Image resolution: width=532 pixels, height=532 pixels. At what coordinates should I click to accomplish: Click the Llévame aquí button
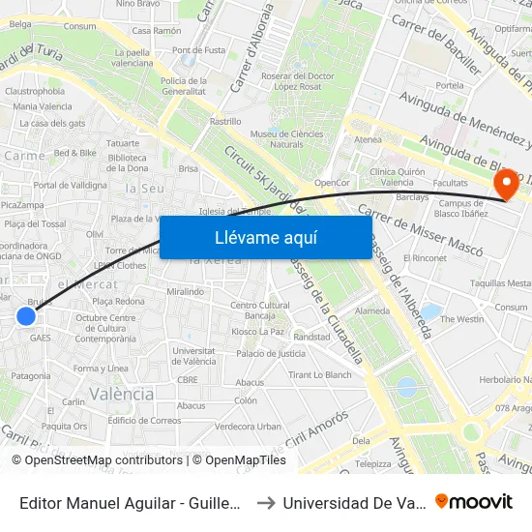pyautogui.click(x=265, y=237)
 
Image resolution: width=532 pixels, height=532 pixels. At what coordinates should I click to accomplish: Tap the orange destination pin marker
pyautogui.click(x=504, y=183)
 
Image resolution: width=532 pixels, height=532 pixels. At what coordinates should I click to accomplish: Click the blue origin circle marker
pyautogui.click(x=26, y=315)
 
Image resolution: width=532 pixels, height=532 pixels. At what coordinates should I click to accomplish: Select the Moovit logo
pyautogui.click(x=474, y=501)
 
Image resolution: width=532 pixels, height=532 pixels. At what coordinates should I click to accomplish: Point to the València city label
pyautogui.click(x=121, y=394)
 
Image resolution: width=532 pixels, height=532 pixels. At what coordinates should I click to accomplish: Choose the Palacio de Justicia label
pyautogui.click(x=271, y=353)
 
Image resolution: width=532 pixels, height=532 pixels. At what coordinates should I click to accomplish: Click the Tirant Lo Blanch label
pyautogui.click(x=320, y=374)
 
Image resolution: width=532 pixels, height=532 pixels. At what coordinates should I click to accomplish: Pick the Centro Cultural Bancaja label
pyautogui.click(x=259, y=310)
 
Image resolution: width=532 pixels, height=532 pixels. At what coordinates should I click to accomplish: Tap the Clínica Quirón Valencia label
pyautogui.click(x=384, y=176)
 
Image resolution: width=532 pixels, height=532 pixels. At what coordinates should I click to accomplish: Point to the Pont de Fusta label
pyautogui.click(x=199, y=50)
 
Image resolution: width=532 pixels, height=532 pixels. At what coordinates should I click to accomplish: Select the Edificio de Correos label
pyautogui.click(x=145, y=420)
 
